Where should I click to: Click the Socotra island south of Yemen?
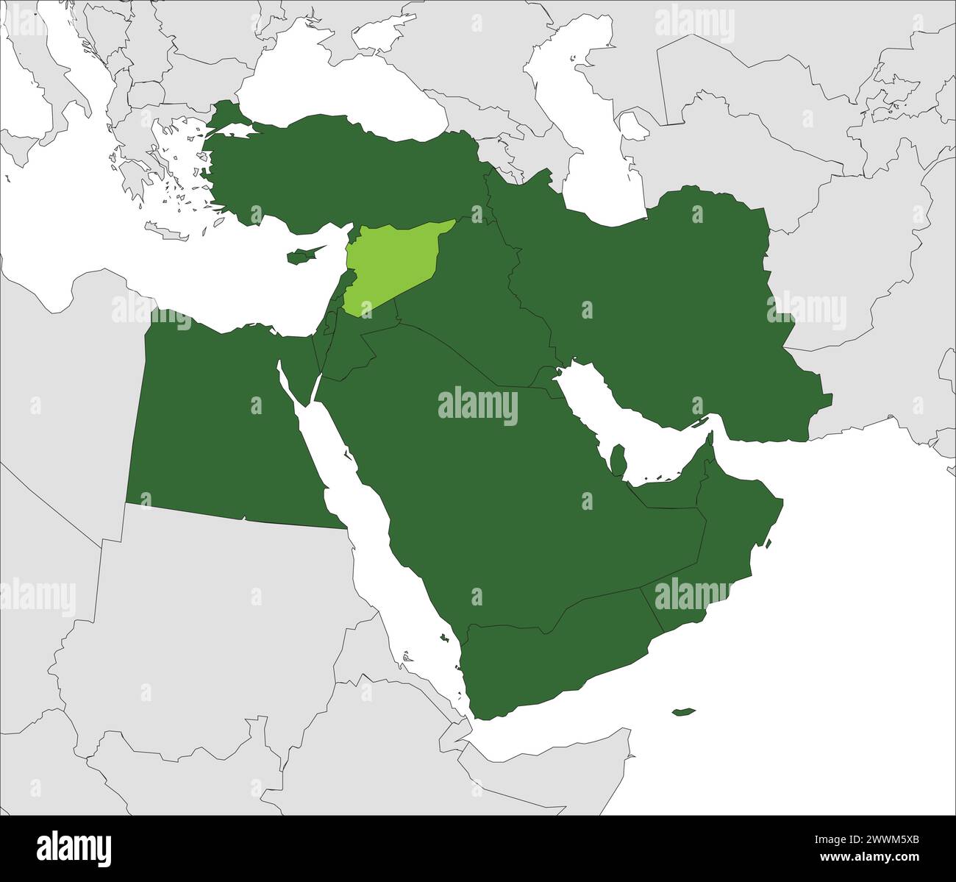[x=683, y=711]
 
